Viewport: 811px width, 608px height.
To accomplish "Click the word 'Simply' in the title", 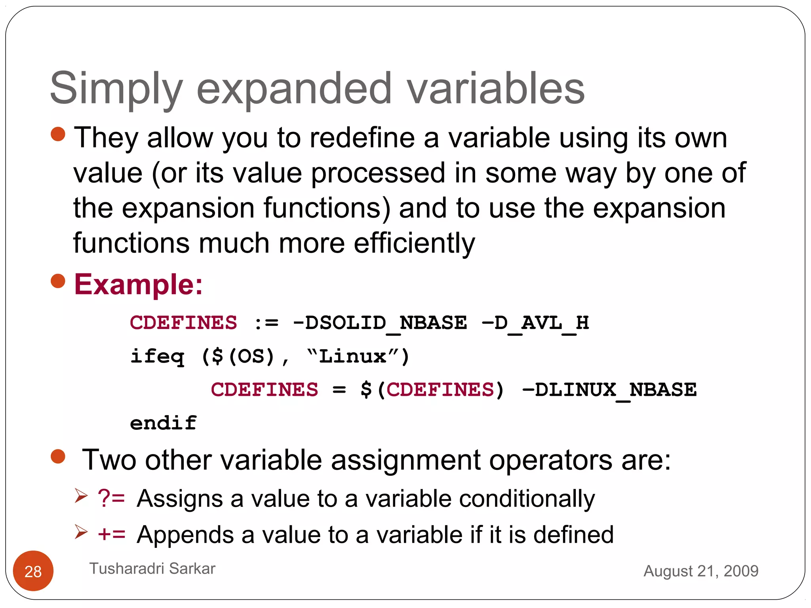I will click(x=116, y=89).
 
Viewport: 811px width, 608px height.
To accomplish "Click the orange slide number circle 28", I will click(x=33, y=571).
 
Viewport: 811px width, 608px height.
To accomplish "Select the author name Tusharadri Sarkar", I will click(x=152, y=568).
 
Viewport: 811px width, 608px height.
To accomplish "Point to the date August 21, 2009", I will click(x=701, y=571).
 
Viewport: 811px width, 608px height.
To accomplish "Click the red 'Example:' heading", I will click(x=138, y=284).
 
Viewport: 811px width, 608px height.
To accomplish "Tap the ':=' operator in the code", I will click(x=266, y=323).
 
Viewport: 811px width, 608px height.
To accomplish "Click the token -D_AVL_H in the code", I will click(x=535, y=323).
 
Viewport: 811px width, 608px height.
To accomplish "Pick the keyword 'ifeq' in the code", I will click(x=157, y=357).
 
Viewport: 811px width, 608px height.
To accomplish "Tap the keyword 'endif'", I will click(x=163, y=423).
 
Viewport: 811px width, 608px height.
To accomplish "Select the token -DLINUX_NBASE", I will click(x=609, y=390).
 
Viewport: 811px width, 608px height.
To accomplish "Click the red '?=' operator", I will click(x=111, y=498).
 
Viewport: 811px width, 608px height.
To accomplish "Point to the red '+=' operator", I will click(x=111, y=534).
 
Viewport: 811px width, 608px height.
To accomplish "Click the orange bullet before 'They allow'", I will click(x=58, y=134).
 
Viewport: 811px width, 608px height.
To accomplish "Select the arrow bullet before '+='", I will click(x=81, y=531).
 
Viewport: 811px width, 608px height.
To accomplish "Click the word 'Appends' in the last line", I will click(x=185, y=535).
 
